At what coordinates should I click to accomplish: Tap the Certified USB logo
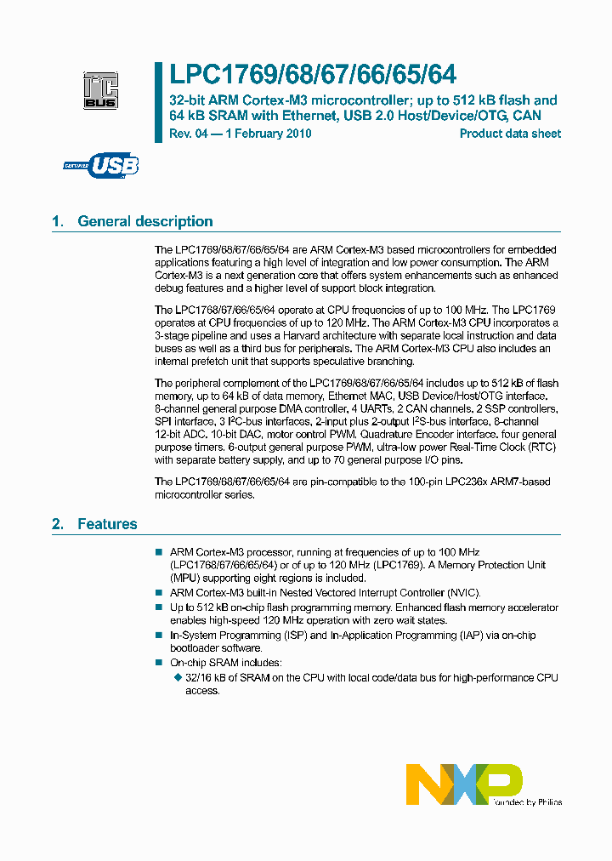coord(101,165)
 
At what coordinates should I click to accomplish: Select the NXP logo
coord(464,782)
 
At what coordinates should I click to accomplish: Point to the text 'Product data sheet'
coord(510,134)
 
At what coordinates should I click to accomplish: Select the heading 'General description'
coord(145,221)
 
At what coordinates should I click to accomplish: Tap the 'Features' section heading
coord(107,524)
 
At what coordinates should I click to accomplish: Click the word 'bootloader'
coord(195,647)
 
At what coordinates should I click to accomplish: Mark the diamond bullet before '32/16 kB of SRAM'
coord(177,677)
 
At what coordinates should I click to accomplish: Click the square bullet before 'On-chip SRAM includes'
coord(158,662)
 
